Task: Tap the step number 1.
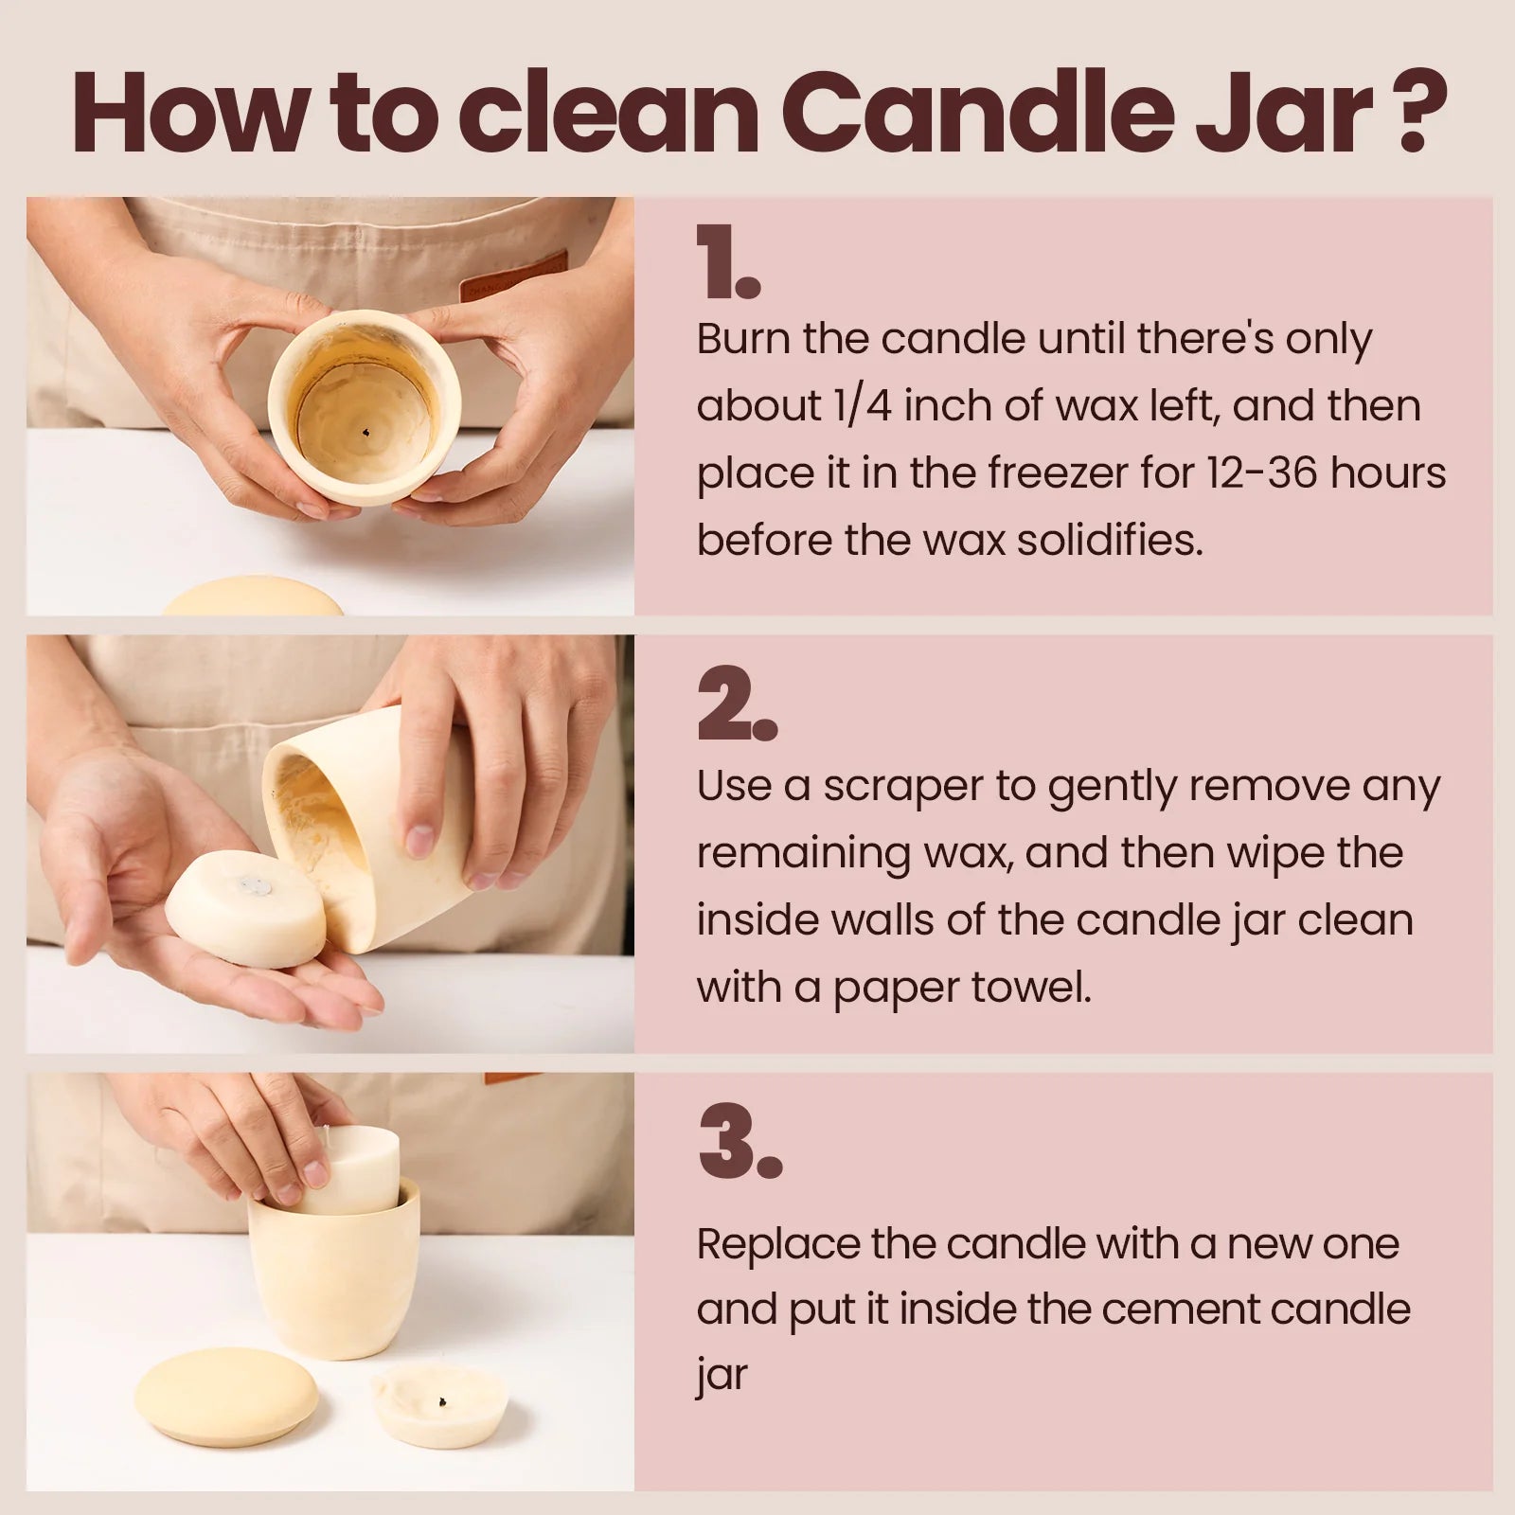[x=726, y=262]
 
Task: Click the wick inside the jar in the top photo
[x=366, y=434]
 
